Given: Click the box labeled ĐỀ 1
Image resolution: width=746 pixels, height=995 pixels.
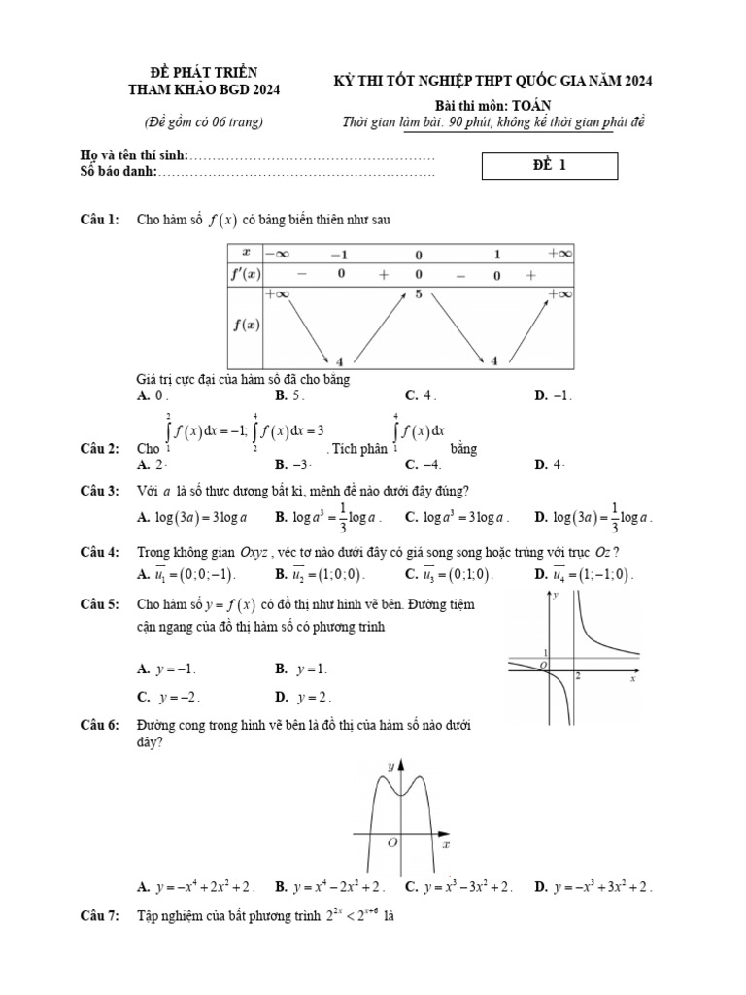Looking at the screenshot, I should coord(550,165).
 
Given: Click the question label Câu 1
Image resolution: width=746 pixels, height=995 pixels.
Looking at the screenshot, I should coord(99,221).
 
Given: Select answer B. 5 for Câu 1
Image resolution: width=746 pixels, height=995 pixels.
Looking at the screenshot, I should coord(290,395).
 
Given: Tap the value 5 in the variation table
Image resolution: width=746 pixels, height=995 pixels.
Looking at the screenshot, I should coord(419,293).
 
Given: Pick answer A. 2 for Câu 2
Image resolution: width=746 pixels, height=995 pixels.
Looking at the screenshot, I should coord(154,464).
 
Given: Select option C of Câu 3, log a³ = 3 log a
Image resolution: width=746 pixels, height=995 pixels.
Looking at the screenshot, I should coord(457,517).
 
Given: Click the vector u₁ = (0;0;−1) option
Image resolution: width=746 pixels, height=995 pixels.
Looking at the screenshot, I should coord(188,574).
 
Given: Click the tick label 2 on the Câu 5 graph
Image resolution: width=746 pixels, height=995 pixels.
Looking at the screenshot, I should coord(577,674).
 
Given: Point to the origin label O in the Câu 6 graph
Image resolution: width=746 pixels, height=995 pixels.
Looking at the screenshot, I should coord(392,843).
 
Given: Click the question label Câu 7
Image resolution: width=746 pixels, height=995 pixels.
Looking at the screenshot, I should coord(99,916).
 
